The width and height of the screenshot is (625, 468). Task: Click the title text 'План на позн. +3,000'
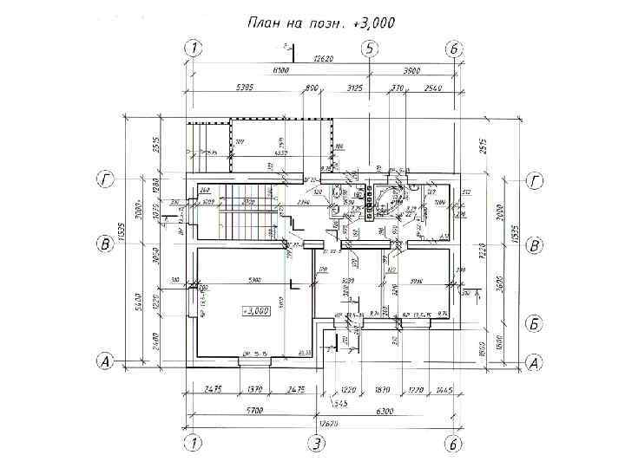pos(321,23)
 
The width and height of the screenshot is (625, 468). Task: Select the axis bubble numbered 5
pos(371,49)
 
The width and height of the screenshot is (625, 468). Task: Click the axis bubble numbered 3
pos(318,444)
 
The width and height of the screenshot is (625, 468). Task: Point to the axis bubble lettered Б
pos(536,324)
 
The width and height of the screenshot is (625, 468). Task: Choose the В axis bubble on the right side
pos(536,246)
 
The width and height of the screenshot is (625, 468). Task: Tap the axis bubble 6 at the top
pos(453,49)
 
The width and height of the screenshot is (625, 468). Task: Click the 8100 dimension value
pos(280,71)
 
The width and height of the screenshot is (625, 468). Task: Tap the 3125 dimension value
pos(355,88)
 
